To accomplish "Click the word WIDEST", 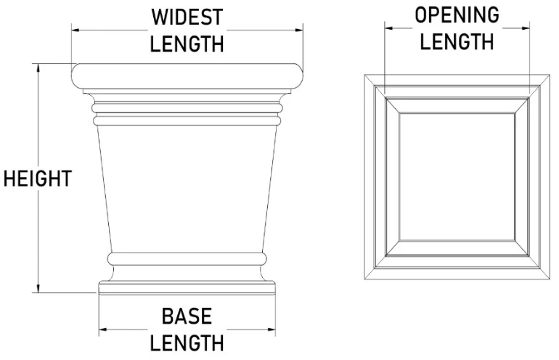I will click(187, 16).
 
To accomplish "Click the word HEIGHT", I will click(37, 178).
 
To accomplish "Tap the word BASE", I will click(187, 316).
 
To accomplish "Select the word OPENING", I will click(457, 15).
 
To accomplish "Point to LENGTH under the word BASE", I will click(187, 343).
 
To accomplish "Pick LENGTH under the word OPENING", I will click(457, 41).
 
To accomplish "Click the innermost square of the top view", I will click(457, 179).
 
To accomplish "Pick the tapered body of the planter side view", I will click(187, 181).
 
